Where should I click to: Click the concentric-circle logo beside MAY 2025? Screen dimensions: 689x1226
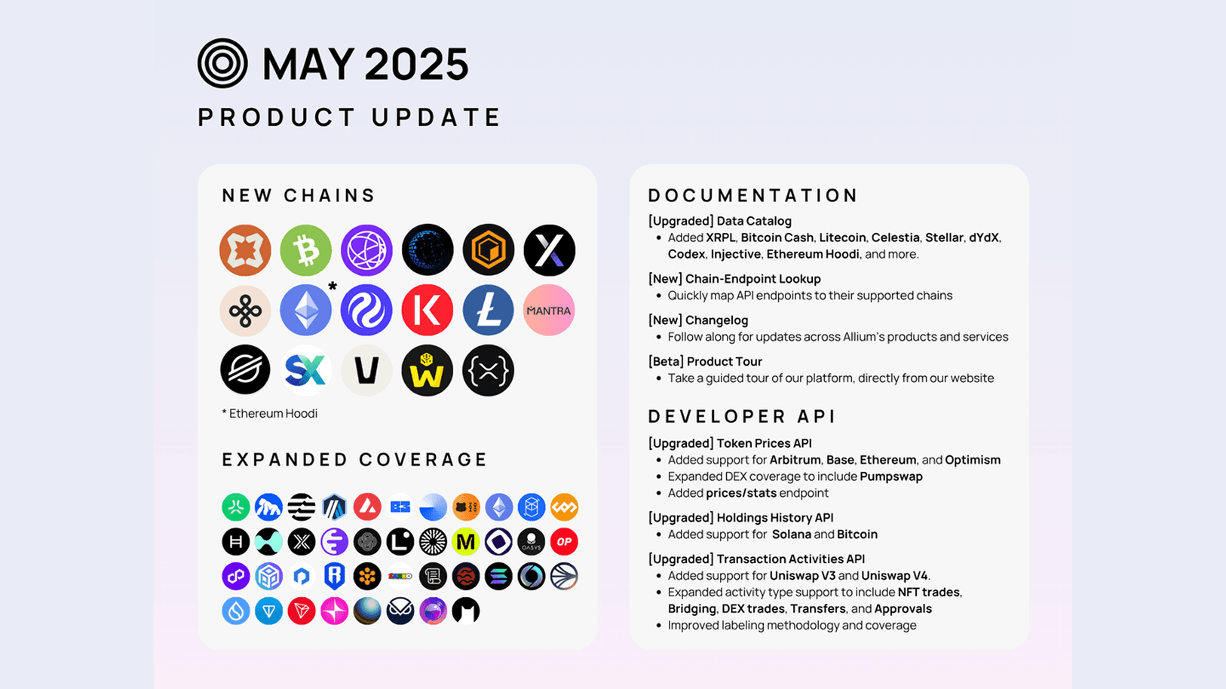coord(222,63)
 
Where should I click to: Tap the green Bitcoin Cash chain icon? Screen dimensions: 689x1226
coord(305,250)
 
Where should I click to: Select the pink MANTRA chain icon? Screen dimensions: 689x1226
coord(549,310)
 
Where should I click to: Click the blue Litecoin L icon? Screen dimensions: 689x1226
coord(488,310)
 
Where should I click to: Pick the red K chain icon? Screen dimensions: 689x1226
coord(427,310)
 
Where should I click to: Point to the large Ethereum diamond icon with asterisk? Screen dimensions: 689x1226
coord(305,310)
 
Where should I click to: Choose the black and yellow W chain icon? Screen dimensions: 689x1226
coord(427,370)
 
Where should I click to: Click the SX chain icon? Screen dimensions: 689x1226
coord(305,370)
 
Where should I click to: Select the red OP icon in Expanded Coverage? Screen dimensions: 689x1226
coord(564,541)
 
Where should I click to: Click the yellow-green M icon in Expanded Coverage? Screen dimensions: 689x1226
coord(466,541)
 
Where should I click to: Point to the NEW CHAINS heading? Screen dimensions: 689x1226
coord(299,195)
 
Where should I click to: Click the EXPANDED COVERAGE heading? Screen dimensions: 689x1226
coord(355,459)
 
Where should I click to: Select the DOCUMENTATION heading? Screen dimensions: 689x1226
coord(753,195)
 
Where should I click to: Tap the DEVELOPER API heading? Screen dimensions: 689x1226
coord(743,416)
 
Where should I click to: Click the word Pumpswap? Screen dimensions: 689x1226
coord(891,476)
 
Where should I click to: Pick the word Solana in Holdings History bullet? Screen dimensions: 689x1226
coord(791,534)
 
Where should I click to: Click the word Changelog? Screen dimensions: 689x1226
coord(716,320)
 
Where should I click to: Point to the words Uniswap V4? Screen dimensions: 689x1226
coord(894,576)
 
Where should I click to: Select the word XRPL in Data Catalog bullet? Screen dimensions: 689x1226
coord(720,237)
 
